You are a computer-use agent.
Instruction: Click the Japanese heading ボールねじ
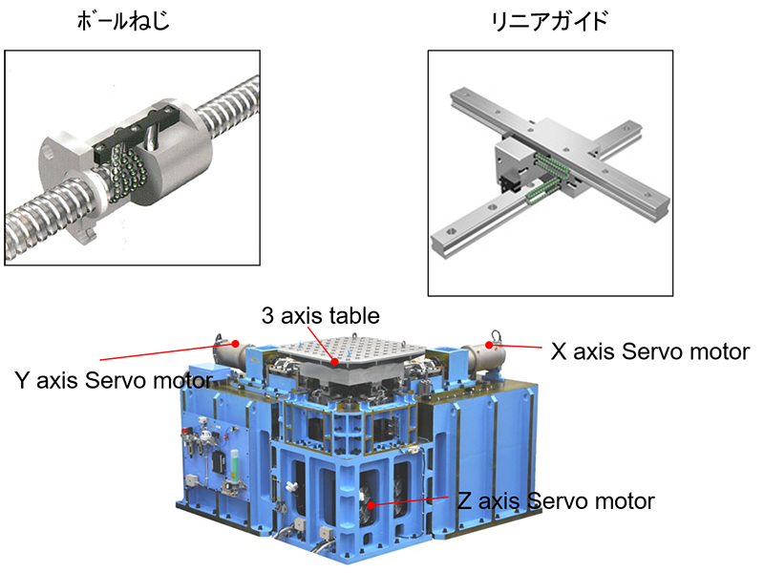click(x=123, y=20)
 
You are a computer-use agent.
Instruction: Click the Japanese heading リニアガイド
click(x=550, y=21)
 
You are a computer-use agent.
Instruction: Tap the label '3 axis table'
click(x=320, y=315)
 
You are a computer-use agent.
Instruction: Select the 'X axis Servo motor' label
click(x=650, y=351)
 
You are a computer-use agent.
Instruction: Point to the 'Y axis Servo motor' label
click(x=114, y=380)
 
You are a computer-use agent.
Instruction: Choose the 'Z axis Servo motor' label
click(x=556, y=500)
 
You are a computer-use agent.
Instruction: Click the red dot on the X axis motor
click(x=489, y=345)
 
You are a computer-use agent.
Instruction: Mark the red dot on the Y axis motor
click(x=235, y=344)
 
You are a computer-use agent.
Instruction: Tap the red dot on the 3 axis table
click(x=334, y=362)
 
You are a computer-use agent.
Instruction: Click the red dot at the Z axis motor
click(x=371, y=505)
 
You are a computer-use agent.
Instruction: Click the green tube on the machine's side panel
click(x=236, y=465)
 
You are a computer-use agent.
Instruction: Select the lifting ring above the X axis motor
click(x=496, y=335)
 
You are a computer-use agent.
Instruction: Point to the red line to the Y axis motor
click(x=168, y=351)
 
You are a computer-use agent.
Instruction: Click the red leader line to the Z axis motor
click(x=410, y=500)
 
